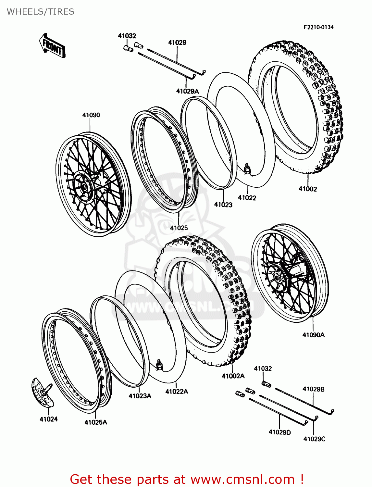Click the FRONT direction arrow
tap(52, 46)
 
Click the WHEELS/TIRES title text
tap(41, 12)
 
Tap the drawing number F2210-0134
tap(318, 27)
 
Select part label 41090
tap(91, 115)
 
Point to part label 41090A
tap(313, 335)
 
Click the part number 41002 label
tap(307, 189)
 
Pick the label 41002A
tap(233, 376)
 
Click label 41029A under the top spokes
tap(187, 91)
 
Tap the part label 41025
tap(179, 228)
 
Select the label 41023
tap(223, 205)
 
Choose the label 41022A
tap(177, 392)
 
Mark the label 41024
tap(49, 419)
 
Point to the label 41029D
tap(279, 432)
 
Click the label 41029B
tap(313, 389)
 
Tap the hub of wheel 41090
tap(83, 186)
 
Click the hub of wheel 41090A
tap(277, 278)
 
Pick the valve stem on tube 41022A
tap(159, 365)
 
